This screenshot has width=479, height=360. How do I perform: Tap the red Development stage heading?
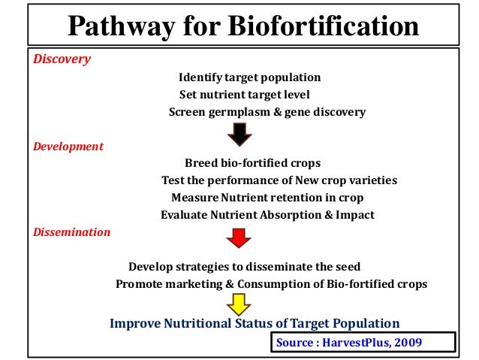pos(68,147)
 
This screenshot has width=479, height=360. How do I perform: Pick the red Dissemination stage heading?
pos(71,232)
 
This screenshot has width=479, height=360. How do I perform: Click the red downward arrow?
pos(239,238)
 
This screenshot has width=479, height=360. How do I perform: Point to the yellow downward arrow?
pos(239,304)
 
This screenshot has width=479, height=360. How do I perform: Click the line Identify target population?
pos(249,77)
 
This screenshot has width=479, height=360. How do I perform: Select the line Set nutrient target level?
pos(244,95)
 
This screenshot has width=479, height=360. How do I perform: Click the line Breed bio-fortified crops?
pos(252,163)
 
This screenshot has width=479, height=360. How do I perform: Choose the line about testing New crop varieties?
pos(279,180)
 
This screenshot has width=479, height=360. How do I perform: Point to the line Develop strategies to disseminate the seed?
pos(244,267)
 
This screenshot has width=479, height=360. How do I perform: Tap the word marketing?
pos(205,284)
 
